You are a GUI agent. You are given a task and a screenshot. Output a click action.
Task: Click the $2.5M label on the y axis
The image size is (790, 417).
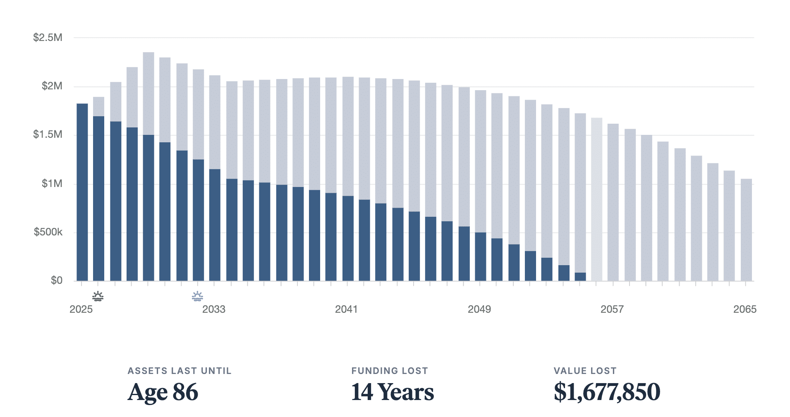[x=48, y=38]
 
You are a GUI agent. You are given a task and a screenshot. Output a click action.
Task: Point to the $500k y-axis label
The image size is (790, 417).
[x=48, y=232]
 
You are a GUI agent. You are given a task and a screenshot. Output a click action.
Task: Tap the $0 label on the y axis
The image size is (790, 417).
[x=56, y=280]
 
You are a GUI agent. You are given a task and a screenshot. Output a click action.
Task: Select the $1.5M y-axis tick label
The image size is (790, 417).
[x=48, y=134]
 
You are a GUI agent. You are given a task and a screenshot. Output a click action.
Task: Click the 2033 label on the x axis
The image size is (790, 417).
[x=213, y=309]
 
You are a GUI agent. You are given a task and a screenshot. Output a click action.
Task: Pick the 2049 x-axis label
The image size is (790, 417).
[x=479, y=309]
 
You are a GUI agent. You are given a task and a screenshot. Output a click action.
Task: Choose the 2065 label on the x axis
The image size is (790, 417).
[x=745, y=309]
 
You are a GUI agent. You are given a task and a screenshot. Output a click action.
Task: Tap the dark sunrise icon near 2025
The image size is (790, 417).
[x=98, y=296]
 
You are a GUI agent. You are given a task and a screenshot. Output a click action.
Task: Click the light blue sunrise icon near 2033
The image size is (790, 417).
[x=197, y=296]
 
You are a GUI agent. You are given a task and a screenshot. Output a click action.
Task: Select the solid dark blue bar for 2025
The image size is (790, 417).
[x=82, y=192]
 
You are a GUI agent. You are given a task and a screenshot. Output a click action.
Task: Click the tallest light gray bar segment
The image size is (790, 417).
[x=148, y=93]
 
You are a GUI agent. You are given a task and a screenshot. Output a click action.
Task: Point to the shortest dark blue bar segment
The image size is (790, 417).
[x=580, y=277]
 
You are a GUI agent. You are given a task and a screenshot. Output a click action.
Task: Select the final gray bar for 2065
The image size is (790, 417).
[x=746, y=230]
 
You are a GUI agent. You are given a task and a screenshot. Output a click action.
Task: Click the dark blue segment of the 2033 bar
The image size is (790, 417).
[x=215, y=225]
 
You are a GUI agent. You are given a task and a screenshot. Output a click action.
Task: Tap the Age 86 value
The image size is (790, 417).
[x=163, y=392]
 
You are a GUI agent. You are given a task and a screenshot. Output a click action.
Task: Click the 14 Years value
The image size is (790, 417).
[x=392, y=392]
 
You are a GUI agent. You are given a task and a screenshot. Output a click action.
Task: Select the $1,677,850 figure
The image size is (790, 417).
[x=607, y=392]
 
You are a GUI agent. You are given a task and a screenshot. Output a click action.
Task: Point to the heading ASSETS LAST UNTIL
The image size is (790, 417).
[x=179, y=371]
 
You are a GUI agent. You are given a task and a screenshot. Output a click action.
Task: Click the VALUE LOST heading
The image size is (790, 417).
[x=585, y=371]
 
